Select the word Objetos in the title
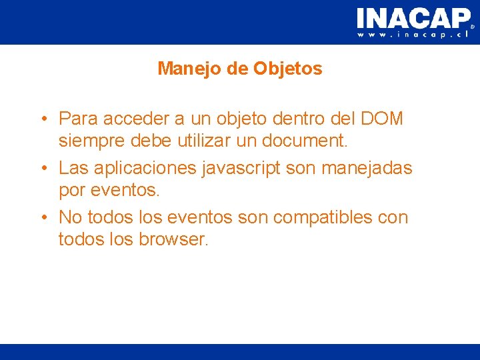[287, 69]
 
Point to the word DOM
[381, 119]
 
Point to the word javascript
[241, 168]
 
